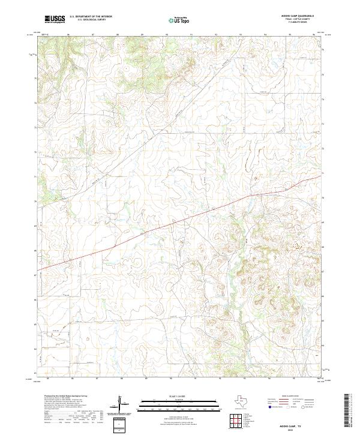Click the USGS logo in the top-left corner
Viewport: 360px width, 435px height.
click(x=55, y=20)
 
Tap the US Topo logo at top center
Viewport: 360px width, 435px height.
click(x=182, y=20)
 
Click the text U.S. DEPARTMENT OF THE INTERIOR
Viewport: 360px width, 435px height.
click(x=90, y=16)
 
